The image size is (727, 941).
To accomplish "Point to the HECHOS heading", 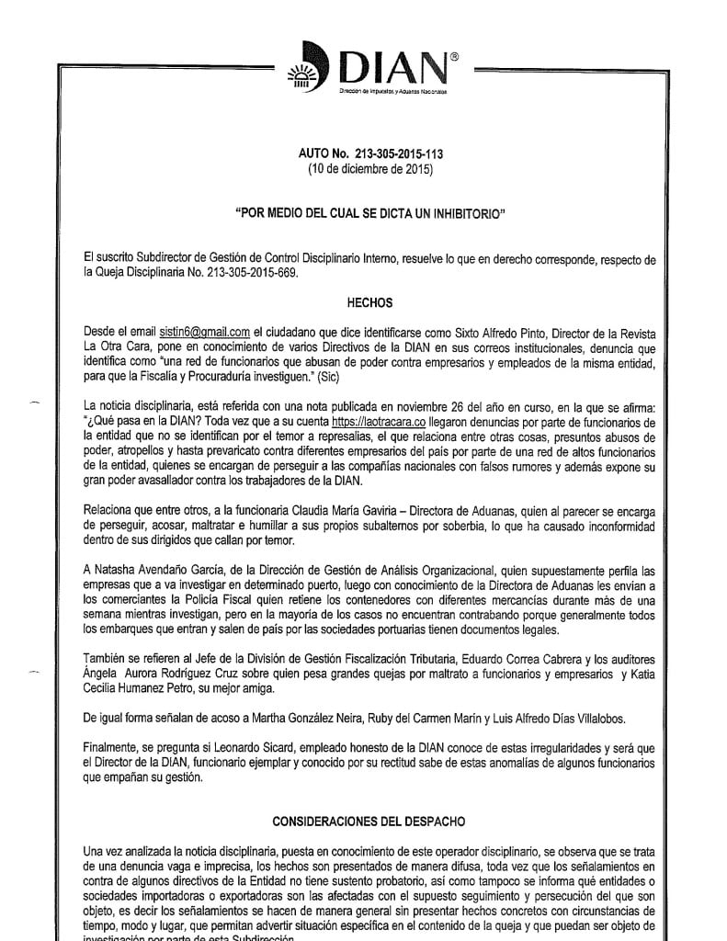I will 369,301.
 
